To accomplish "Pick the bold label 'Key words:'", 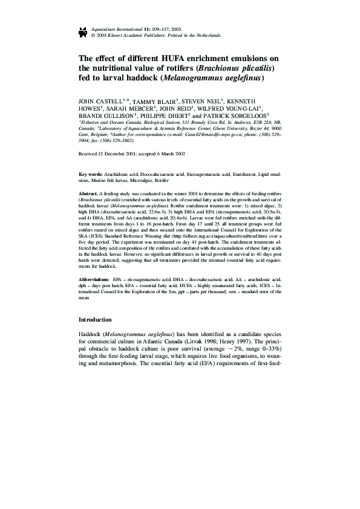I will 91,173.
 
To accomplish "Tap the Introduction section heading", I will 96,319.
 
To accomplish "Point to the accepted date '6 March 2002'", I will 171,154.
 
